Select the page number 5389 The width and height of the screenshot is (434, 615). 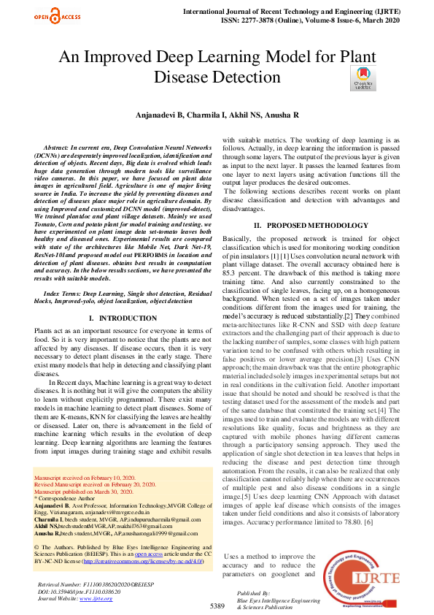pos(217,606)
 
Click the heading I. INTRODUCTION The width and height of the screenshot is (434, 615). pos(117,318)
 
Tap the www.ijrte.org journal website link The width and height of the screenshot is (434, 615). pos(92,598)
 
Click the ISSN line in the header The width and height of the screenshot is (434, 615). pos(314,20)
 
